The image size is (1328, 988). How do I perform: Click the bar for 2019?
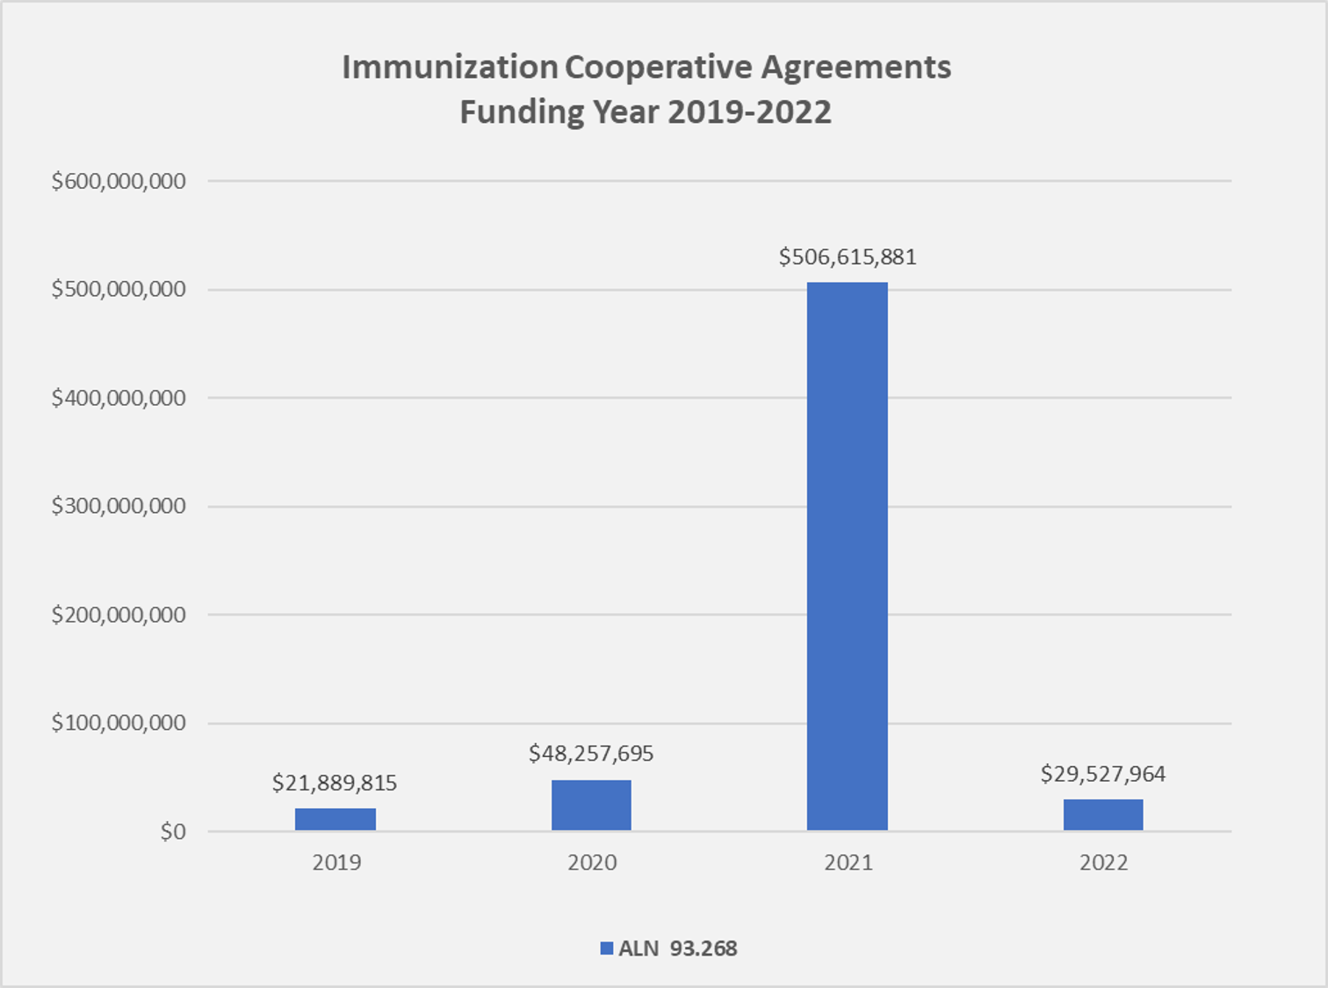335,819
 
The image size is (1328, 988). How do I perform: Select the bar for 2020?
591,804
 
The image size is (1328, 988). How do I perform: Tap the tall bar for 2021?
847,556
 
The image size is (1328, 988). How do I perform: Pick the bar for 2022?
1103,814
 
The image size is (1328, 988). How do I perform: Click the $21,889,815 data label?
335,782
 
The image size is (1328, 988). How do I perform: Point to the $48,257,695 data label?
591,754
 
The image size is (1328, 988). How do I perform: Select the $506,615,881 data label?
847,257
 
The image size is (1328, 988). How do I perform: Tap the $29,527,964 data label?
1103,774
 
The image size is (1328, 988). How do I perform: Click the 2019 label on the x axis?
336,862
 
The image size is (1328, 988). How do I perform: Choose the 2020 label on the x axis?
592,862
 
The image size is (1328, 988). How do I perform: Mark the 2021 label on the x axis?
848,862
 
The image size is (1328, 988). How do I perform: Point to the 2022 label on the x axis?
1104,862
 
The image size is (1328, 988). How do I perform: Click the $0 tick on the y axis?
172,832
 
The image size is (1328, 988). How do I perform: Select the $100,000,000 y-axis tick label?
119,723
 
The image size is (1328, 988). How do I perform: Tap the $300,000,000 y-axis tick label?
119,506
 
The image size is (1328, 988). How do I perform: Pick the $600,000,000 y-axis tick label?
119,181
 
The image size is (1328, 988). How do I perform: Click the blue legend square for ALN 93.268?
606,948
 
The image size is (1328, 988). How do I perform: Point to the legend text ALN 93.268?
678,948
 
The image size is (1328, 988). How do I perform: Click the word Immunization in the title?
450,68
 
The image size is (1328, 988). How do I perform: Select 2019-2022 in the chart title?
749,112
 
